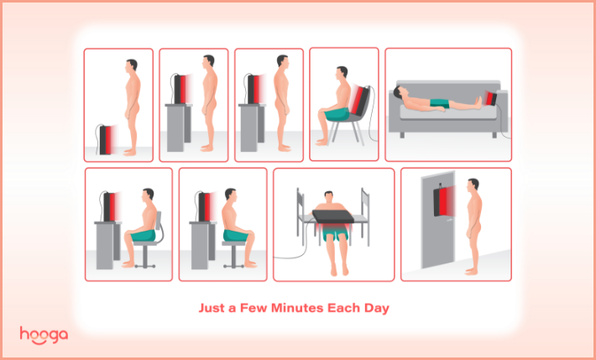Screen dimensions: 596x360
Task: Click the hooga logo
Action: pyautogui.click(x=44, y=335)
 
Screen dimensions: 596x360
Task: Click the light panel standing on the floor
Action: pyautogui.click(x=106, y=140)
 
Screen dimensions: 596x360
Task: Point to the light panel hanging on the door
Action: pyautogui.click(x=442, y=202)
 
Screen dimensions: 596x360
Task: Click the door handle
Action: pyautogui.click(x=450, y=217)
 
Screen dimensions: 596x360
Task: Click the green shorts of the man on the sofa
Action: pyautogui.click(x=440, y=103)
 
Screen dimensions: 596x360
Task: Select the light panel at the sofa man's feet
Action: pyautogui.click(x=491, y=98)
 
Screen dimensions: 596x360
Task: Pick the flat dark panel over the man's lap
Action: pyautogui.click(x=333, y=217)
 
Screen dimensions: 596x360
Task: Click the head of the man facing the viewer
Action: pyautogui.click(x=329, y=197)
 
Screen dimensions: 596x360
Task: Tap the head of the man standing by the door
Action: pyautogui.click(x=473, y=185)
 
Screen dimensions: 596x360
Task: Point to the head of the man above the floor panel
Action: pyautogui.click(x=131, y=65)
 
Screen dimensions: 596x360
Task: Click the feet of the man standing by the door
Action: pyautogui.click(x=472, y=271)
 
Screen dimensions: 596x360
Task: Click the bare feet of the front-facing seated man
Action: pyautogui.click(x=339, y=270)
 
